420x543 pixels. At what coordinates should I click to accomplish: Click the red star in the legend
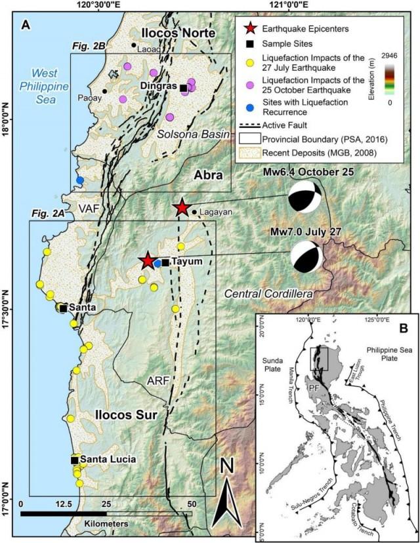(x=245, y=29)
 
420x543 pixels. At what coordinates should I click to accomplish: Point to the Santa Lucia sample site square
(x=75, y=460)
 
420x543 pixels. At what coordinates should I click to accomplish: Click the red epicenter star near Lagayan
(x=181, y=209)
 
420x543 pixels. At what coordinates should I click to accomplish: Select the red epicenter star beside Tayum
(x=148, y=261)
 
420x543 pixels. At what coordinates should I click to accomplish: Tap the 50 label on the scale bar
(x=192, y=504)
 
